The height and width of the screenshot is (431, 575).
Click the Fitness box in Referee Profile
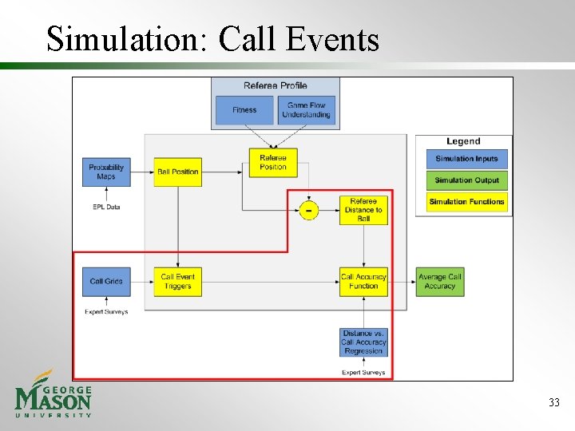pos(244,110)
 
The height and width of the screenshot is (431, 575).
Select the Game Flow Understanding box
pos(307,110)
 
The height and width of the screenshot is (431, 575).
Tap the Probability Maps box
pos(106,172)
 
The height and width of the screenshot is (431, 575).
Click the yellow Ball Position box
pos(177,172)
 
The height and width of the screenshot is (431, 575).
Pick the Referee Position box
pos(273,163)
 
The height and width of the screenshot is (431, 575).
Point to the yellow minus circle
pos(308,211)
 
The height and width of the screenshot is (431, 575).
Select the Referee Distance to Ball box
pos(363,211)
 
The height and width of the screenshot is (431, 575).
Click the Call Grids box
pos(106,281)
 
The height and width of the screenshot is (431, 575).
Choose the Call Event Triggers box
pos(177,281)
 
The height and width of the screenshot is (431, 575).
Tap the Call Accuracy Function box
pos(363,281)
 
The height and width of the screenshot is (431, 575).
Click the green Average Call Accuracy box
pos(440,281)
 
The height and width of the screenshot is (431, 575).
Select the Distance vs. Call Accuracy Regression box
pos(363,342)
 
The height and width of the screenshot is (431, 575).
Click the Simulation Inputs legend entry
pos(466,159)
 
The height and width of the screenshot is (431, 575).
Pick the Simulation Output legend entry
pos(466,180)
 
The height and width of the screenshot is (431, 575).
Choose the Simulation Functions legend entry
pos(466,202)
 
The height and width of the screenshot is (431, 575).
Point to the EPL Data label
pos(106,208)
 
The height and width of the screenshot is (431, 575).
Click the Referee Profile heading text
pos(275,86)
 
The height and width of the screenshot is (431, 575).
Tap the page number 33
pos(554,403)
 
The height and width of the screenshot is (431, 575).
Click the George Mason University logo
pos(54,394)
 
